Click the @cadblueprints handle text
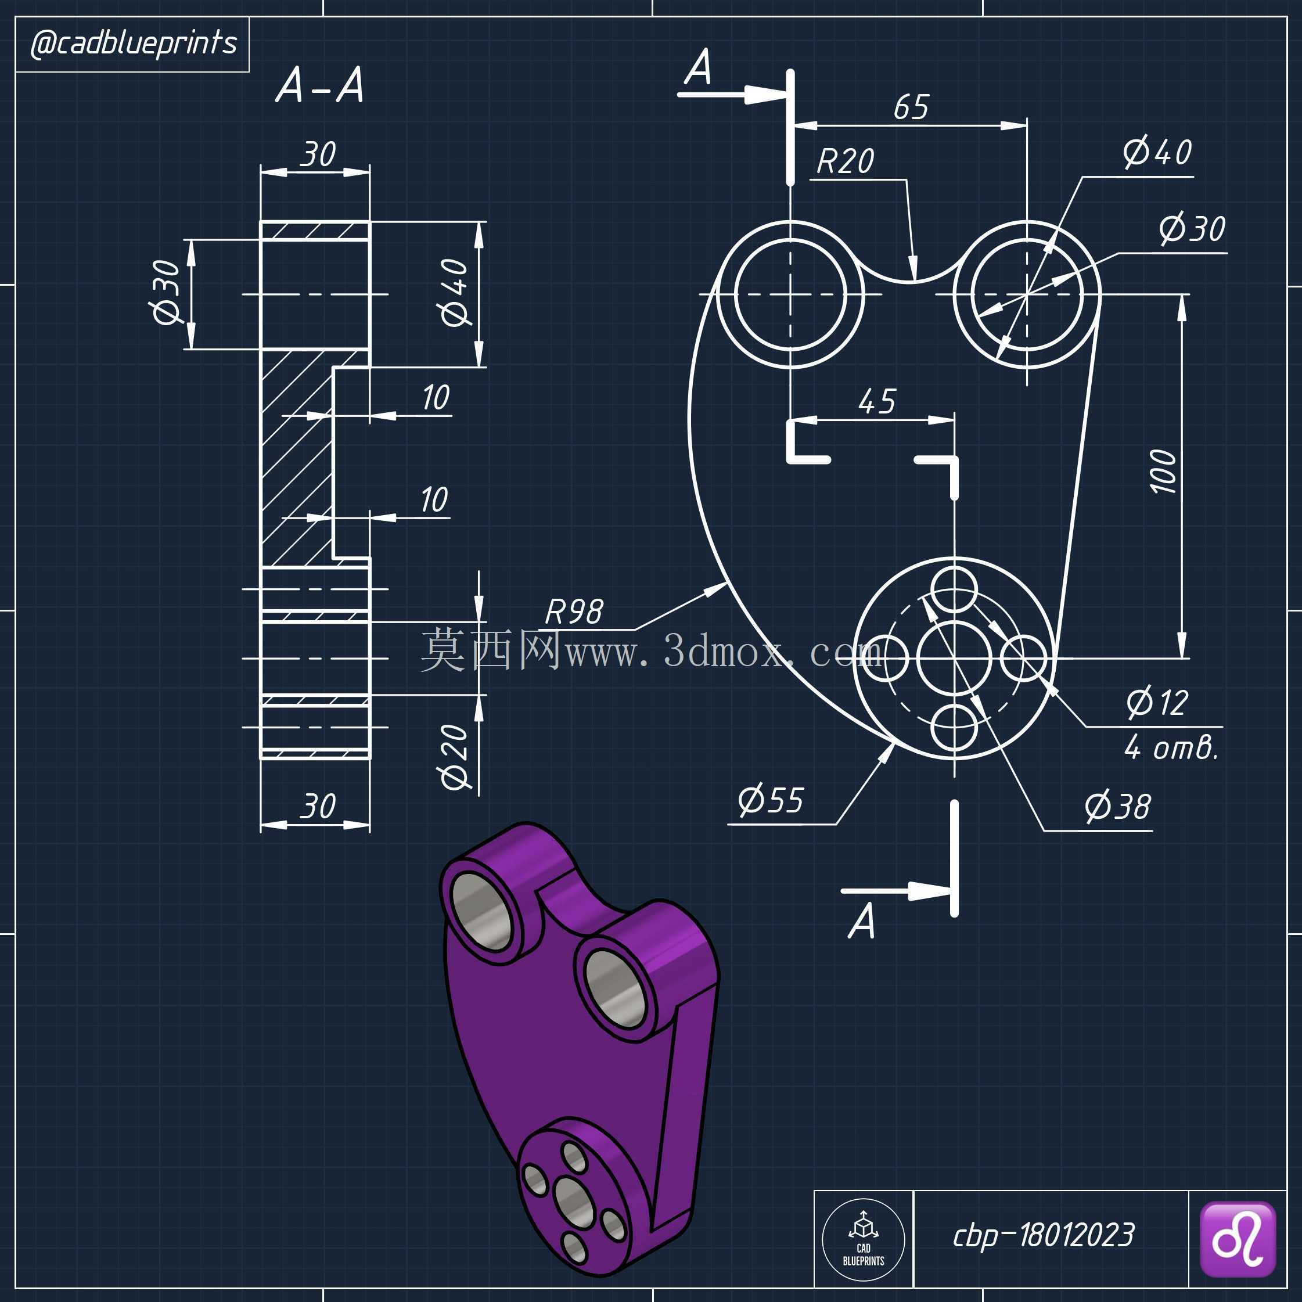[134, 44]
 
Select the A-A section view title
[320, 85]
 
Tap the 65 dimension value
[911, 107]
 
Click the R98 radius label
[574, 612]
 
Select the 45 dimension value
[877, 402]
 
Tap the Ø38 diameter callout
[1117, 806]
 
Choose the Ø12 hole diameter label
[1157, 702]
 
